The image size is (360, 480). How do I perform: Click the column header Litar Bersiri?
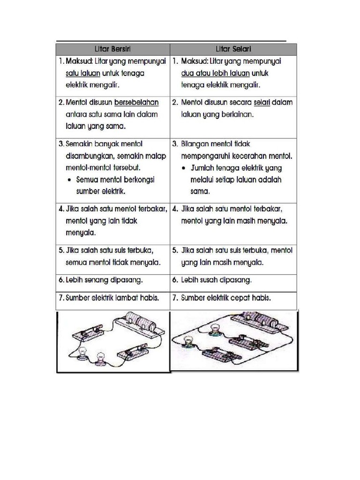(112, 49)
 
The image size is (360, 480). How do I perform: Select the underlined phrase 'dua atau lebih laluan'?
(215, 74)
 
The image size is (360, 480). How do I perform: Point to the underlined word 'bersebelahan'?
(136, 102)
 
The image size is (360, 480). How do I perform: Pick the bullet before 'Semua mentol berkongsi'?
(69, 180)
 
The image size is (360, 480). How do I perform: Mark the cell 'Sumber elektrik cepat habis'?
(226, 298)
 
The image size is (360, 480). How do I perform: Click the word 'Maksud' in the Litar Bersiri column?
(80, 61)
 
